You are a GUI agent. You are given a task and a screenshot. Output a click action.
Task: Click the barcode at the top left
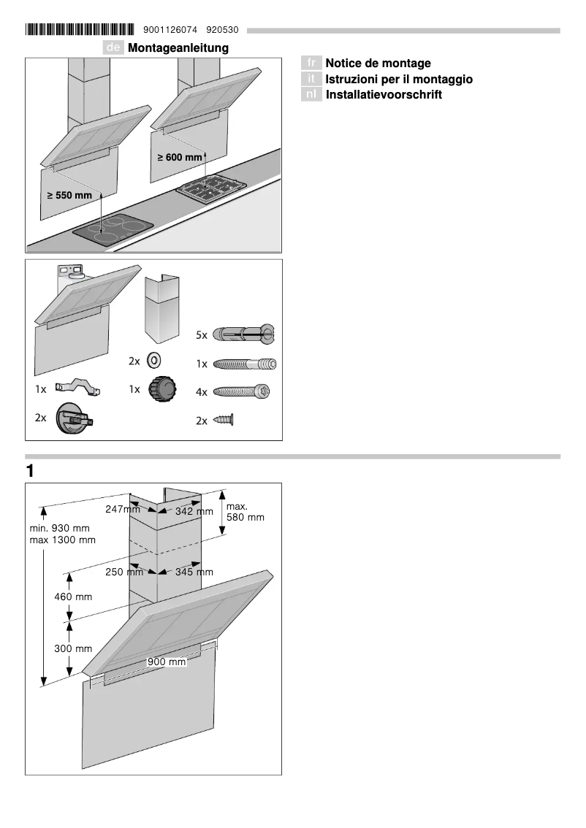pyautogui.click(x=80, y=30)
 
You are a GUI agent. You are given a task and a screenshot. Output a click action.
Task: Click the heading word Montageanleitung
pyautogui.click(x=178, y=48)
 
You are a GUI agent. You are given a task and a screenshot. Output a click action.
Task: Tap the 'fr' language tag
pyautogui.click(x=312, y=64)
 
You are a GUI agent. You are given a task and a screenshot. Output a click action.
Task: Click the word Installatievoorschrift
pyautogui.click(x=384, y=95)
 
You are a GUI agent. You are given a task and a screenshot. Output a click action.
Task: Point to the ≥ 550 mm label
pyautogui.click(x=70, y=196)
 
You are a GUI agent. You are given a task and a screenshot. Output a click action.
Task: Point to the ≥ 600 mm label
pyautogui.click(x=180, y=158)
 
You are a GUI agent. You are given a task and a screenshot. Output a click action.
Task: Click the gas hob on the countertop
pyautogui.click(x=210, y=188)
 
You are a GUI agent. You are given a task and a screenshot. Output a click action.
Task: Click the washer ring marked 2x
pyautogui.click(x=155, y=361)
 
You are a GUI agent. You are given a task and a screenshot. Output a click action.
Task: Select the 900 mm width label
pyautogui.click(x=167, y=662)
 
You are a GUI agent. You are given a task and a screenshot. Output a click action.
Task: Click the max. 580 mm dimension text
pyautogui.click(x=245, y=512)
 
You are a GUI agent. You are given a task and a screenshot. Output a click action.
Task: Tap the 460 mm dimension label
pyautogui.click(x=74, y=597)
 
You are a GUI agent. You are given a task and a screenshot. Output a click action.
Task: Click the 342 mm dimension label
pyautogui.click(x=194, y=512)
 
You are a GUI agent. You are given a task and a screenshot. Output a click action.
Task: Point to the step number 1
pyautogui.click(x=30, y=472)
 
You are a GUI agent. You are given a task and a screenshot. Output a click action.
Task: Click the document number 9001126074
pyautogui.click(x=170, y=31)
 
